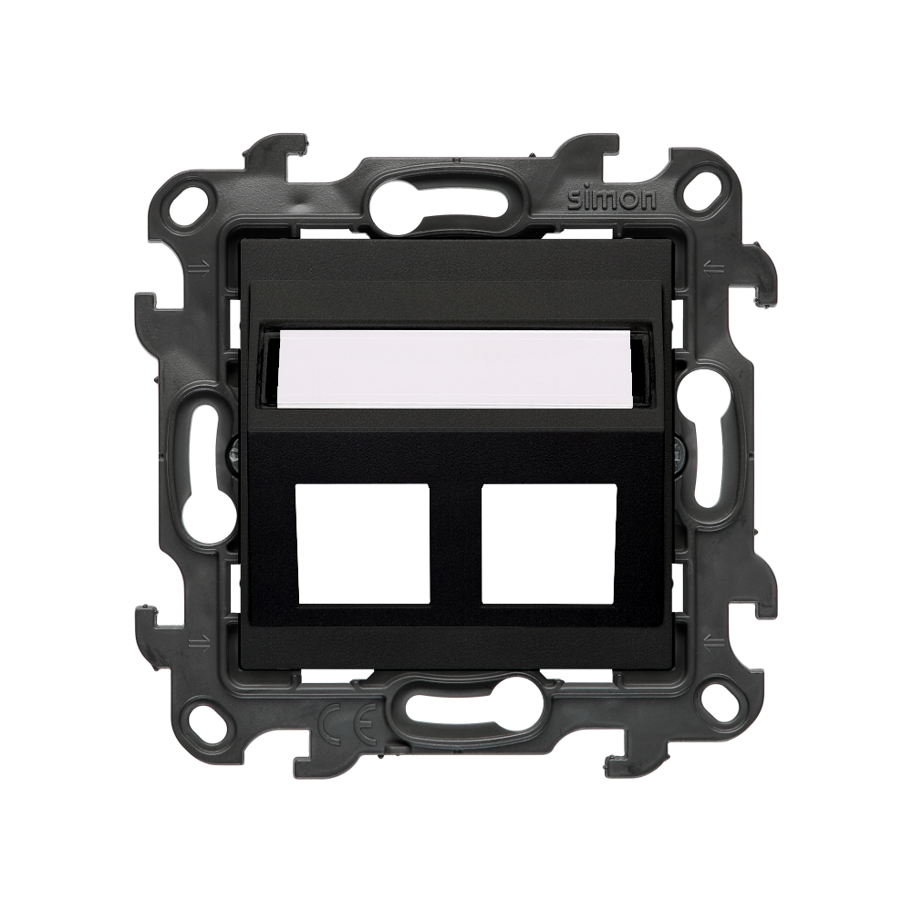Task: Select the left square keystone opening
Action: pos(364,544)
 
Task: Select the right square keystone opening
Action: pos(549,544)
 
